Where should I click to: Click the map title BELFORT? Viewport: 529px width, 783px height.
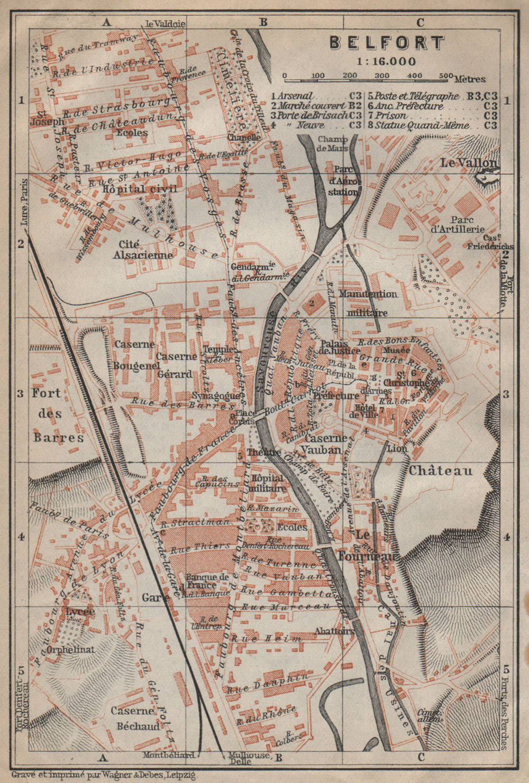point(387,42)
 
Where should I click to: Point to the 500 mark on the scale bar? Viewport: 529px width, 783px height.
point(445,76)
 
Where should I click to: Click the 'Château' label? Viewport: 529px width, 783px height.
point(440,470)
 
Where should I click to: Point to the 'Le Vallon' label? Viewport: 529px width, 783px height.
point(468,163)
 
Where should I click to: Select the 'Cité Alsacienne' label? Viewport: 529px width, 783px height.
point(143,250)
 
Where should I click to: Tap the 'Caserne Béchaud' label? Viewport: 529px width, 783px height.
point(135,718)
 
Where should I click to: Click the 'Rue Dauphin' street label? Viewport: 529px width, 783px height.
point(269,683)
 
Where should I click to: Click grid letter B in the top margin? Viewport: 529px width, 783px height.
point(263,22)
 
